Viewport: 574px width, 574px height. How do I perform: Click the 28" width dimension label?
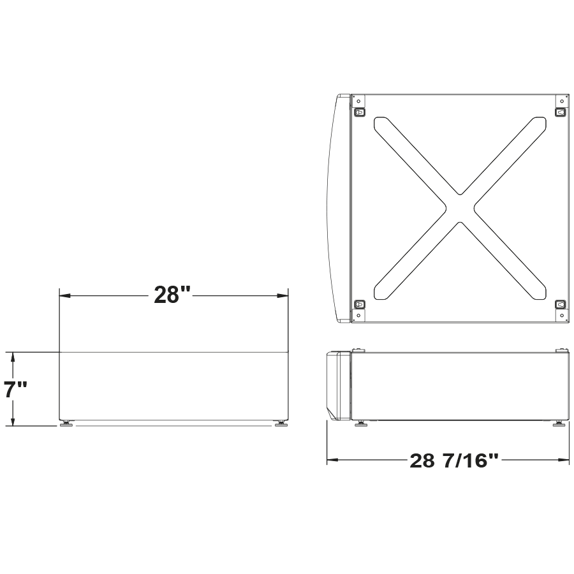(172, 295)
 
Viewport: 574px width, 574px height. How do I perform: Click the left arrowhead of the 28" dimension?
(64, 295)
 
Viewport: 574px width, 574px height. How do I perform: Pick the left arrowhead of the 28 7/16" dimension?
(332, 460)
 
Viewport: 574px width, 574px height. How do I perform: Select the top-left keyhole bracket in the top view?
(359, 113)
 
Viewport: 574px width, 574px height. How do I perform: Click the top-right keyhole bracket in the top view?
(561, 113)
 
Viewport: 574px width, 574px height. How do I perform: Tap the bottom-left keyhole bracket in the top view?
(359, 305)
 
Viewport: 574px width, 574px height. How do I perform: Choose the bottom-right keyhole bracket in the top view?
(561, 305)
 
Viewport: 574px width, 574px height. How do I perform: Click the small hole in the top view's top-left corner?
(358, 101)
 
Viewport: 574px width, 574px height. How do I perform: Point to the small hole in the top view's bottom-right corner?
(561, 316)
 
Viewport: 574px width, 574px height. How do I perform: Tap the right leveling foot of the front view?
(280, 423)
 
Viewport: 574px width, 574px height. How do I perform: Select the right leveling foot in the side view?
(559, 423)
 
